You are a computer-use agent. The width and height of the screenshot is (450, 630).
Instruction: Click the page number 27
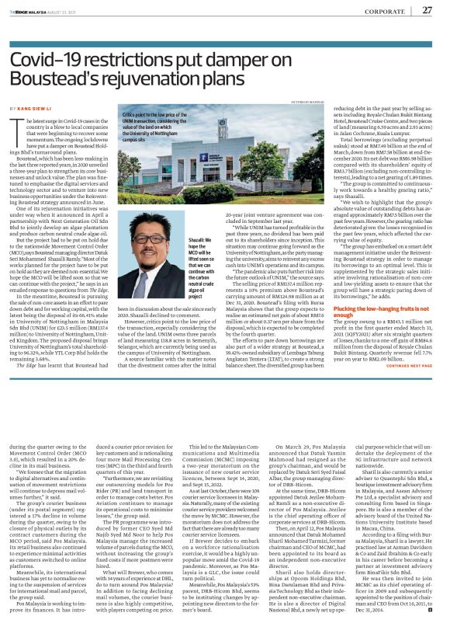427,9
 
